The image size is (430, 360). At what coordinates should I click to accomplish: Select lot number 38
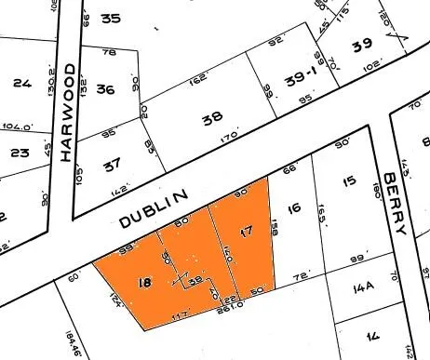point(212,119)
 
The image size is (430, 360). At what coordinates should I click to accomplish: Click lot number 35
point(111,18)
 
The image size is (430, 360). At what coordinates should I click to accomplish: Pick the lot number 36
point(105,90)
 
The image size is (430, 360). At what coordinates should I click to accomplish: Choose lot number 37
point(112,164)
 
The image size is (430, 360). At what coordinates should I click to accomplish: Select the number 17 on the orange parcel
point(246,231)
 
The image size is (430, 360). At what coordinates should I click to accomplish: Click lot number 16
point(295,210)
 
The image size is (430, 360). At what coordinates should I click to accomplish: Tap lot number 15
point(349,180)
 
